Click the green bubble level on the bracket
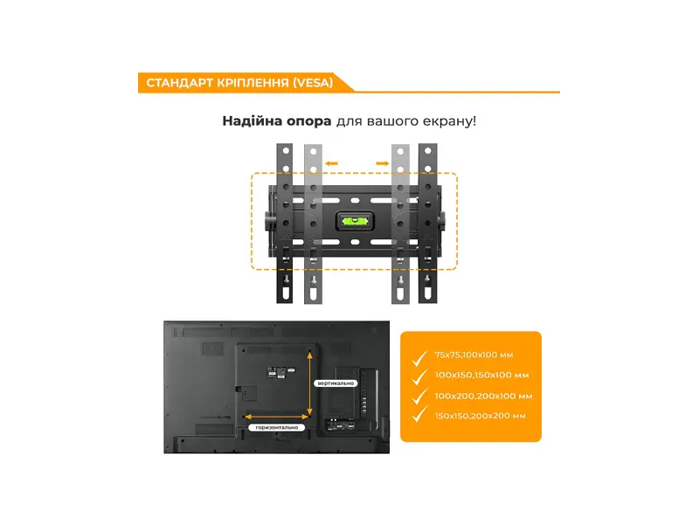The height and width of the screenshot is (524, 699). pos(355,220)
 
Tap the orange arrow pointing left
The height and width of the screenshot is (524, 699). pos(331,163)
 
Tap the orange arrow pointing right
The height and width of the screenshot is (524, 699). pos(383,163)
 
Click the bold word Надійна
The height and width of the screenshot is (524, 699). pos(252,121)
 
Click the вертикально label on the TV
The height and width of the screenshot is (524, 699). pos(336,383)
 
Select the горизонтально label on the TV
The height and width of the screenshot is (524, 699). pos(276,427)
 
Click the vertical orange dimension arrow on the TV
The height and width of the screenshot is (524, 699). pos(310,383)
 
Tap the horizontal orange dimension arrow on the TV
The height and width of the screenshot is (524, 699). pos(276,417)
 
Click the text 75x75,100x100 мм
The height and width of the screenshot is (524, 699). pos(474,355)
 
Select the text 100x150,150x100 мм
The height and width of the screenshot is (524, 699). pos(482,376)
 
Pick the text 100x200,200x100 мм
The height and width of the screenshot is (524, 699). pos(484,396)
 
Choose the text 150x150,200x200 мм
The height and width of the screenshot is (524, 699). pos(480,416)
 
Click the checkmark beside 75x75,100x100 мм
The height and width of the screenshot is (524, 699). pos(419,357)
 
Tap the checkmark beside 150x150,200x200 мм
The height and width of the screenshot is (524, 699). pos(419,414)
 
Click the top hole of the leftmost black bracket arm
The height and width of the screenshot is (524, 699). pos(287,151)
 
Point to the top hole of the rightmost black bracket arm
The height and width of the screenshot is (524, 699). pos(428,151)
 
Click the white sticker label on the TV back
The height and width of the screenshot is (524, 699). pos(276,373)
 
